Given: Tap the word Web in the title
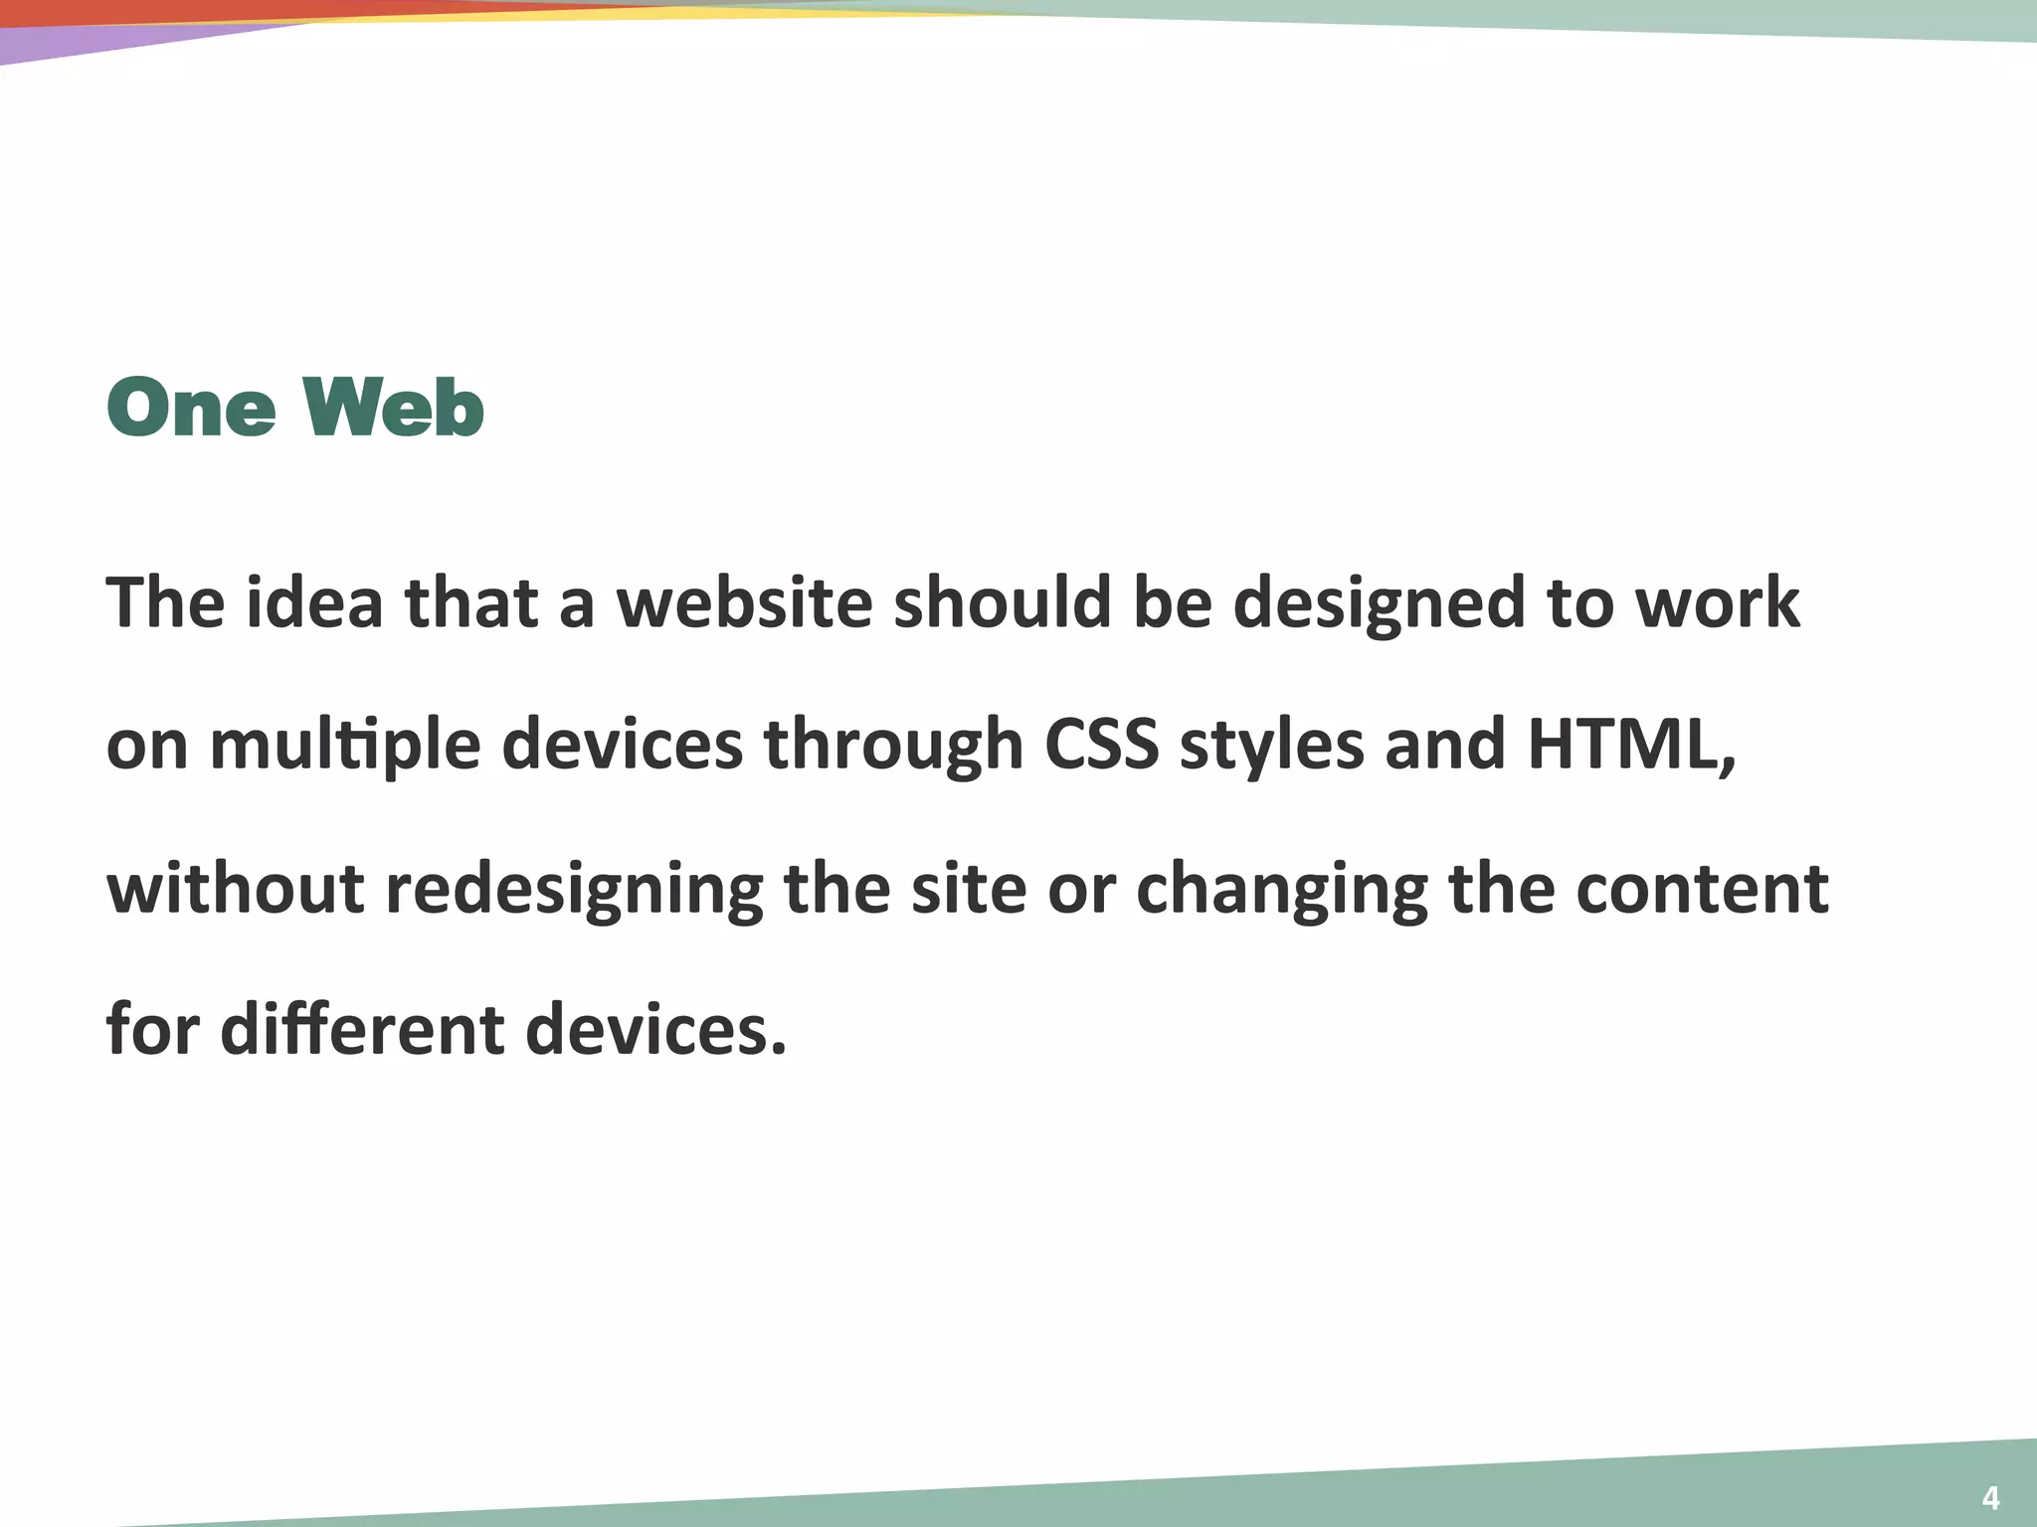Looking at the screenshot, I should pos(394,408).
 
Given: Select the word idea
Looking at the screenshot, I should pos(314,602).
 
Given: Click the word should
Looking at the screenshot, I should pos(1003,602).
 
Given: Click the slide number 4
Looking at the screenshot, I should pos(1990,1497).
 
